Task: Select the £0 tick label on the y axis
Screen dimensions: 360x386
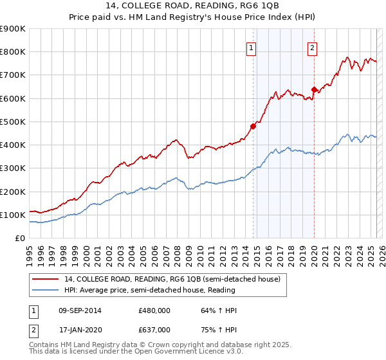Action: [19, 239]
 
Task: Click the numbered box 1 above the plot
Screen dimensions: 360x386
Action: [251, 47]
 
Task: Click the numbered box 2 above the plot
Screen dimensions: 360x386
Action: [312, 47]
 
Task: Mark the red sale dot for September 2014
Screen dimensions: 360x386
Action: [253, 126]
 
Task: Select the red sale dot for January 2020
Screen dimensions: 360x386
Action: [314, 89]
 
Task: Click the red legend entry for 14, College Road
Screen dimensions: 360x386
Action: [172, 280]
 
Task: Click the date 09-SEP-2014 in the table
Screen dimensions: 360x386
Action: [80, 310]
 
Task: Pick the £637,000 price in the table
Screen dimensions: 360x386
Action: [154, 329]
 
